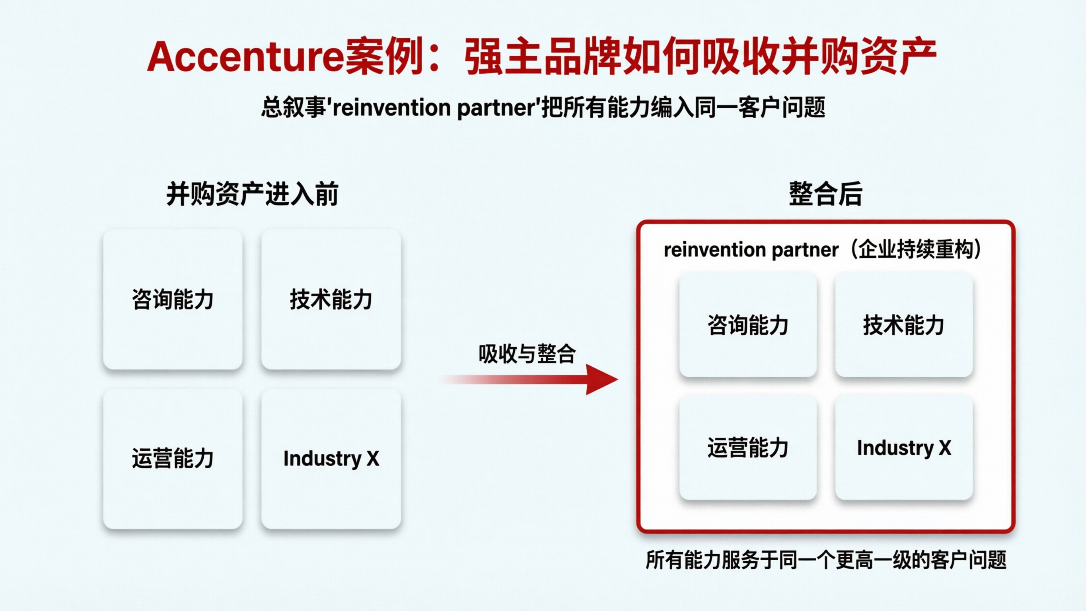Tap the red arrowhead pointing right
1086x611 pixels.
pyautogui.click(x=601, y=379)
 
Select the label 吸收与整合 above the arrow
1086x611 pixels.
pyautogui.click(x=527, y=353)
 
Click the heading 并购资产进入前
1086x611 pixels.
pyautogui.click(x=252, y=194)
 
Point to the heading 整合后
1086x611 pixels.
pyautogui.click(x=825, y=194)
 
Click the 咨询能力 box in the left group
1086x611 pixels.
pyautogui.click(x=173, y=300)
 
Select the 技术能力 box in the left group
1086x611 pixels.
pyautogui.click(x=331, y=300)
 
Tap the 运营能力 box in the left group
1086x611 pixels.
pyautogui.click(x=173, y=458)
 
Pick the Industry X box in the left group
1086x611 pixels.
pyautogui.click(x=331, y=458)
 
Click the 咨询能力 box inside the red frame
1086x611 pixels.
pyautogui.click(x=748, y=325)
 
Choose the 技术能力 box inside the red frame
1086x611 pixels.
pyautogui.click(x=903, y=325)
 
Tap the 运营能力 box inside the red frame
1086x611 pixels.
pyautogui.click(x=748, y=448)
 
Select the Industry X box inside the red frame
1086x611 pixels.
pyautogui.click(x=903, y=448)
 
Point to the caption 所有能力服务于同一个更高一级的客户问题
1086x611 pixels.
pyautogui.click(x=826, y=560)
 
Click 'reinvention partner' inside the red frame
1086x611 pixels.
pyautogui.click(x=751, y=250)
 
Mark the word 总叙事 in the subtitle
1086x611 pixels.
pyautogui.click(x=294, y=107)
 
